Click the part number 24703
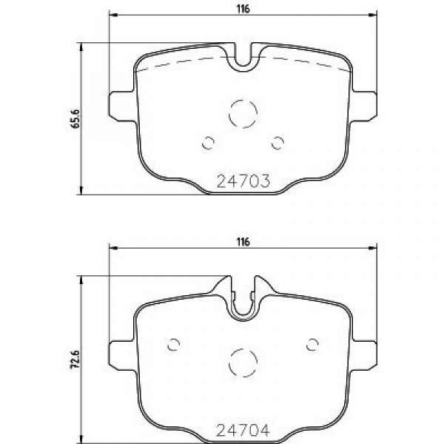pos(243,181)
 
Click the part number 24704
pos(243,431)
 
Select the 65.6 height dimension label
pos(75,118)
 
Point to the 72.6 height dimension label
pos(75,360)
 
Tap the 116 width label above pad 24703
pos(243,9)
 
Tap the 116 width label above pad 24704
pos(243,242)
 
